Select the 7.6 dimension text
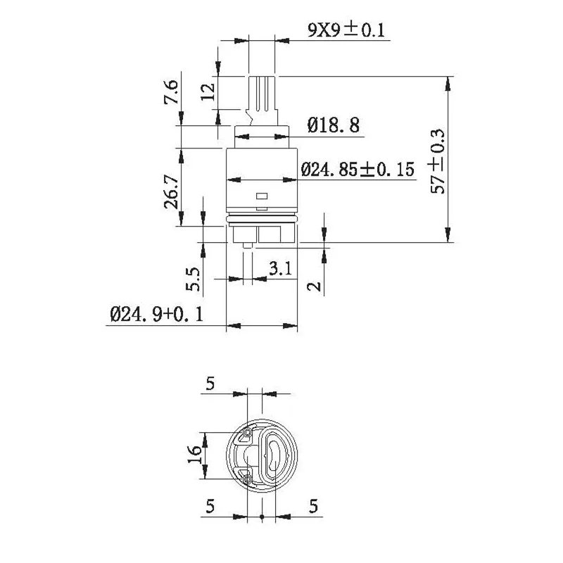(171, 92)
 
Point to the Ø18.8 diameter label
(333, 126)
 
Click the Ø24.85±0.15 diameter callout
(357, 170)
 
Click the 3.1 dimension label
(279, 268)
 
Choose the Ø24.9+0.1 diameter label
(156, 315)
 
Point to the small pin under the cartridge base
(248, 246)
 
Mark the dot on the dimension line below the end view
(262, 517)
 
